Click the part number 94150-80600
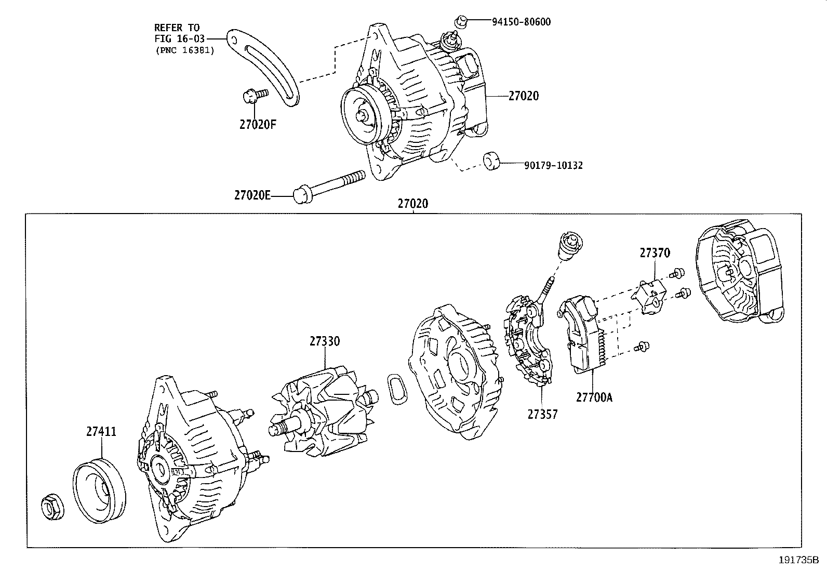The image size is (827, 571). [x=521, y=22]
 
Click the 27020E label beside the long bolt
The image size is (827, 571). [x=252, y=196]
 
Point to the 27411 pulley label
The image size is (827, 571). [x=101, y=432]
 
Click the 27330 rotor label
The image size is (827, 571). [x=325, y=341]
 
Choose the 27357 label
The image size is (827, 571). [x=542, y=414]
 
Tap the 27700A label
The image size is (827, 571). [x=594, y=397]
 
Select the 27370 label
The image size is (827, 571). [x=655, y=253]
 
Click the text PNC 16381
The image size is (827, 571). [x=184, y=50]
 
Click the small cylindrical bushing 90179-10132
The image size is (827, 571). [x=491, y=161]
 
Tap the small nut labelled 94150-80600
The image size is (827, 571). [x=459, y=21]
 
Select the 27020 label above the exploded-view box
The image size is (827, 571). [x=413, y=204]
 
